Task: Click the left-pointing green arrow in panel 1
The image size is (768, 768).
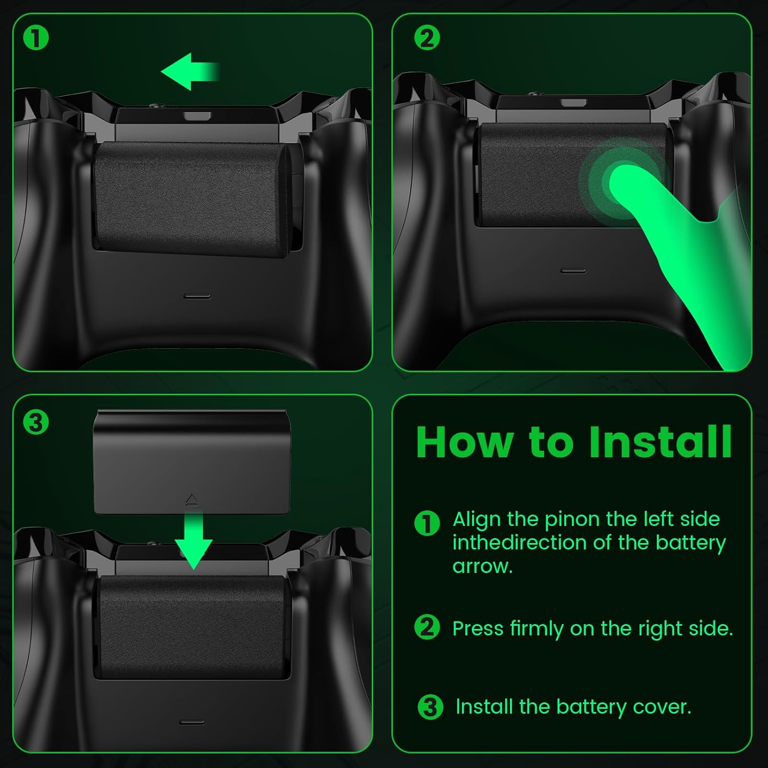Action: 187,72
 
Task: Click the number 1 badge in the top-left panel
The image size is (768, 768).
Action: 36,38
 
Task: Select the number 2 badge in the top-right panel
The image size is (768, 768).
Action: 426,38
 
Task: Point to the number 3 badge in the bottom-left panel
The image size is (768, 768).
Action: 36,423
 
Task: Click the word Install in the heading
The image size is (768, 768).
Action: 660,442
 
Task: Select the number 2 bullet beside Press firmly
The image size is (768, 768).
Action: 426,628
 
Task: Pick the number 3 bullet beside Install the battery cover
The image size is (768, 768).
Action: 430,707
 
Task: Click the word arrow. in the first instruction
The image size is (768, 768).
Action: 482,566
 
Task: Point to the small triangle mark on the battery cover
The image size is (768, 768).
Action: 191,499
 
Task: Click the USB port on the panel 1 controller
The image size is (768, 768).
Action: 198,116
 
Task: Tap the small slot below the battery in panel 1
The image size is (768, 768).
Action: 197,296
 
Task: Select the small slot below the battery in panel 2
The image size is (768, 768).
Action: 573,270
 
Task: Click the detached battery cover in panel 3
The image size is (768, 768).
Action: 191,461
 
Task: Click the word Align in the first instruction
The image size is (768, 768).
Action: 476,519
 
